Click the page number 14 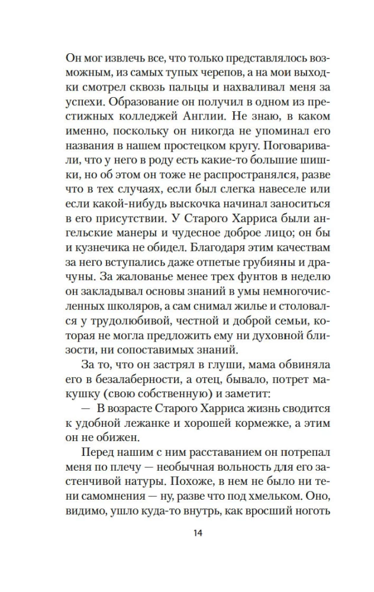(198, 533)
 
